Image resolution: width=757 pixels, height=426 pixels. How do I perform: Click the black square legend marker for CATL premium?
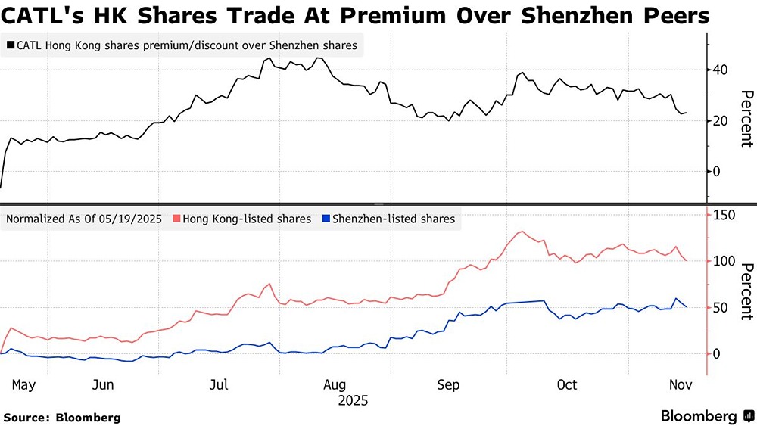tap(10, 45)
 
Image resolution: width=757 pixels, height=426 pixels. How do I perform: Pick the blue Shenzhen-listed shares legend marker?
tap(326, 219)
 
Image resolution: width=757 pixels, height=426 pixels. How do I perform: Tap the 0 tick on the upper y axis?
tap(715, 171)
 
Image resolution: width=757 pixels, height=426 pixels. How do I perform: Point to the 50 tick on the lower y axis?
tap(718, 307)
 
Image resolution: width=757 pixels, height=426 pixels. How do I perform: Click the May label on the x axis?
tap(23, 384)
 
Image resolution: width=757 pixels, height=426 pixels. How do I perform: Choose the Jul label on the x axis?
tap(219, 384)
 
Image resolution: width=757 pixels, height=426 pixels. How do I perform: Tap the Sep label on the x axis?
tap(448, 384)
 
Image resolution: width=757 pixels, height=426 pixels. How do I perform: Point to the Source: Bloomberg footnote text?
tap(62, 417)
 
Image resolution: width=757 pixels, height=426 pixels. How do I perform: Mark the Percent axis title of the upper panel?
tap(746, 118)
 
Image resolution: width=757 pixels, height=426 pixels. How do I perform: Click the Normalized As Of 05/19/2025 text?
tap(84, 219)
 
